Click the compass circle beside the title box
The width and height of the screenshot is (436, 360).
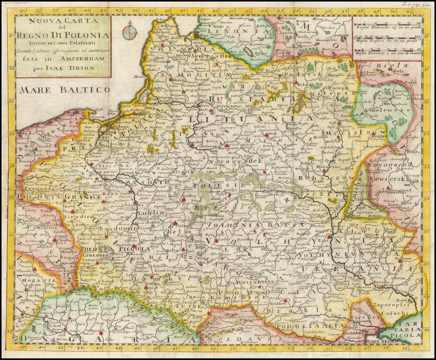click(x=130, y=32)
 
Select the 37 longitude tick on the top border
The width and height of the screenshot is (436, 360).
click(x=20, y=10)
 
